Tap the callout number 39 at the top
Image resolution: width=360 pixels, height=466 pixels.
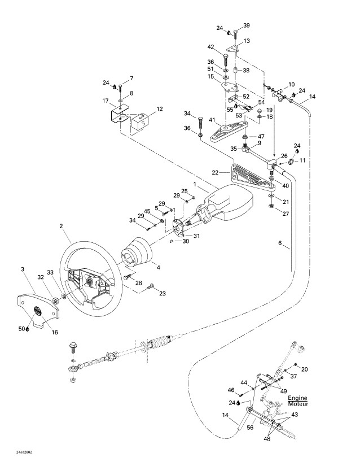[246, 26]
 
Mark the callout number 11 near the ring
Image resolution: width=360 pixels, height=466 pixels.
[302, 160]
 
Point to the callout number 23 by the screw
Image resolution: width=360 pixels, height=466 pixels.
[163, 293]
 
